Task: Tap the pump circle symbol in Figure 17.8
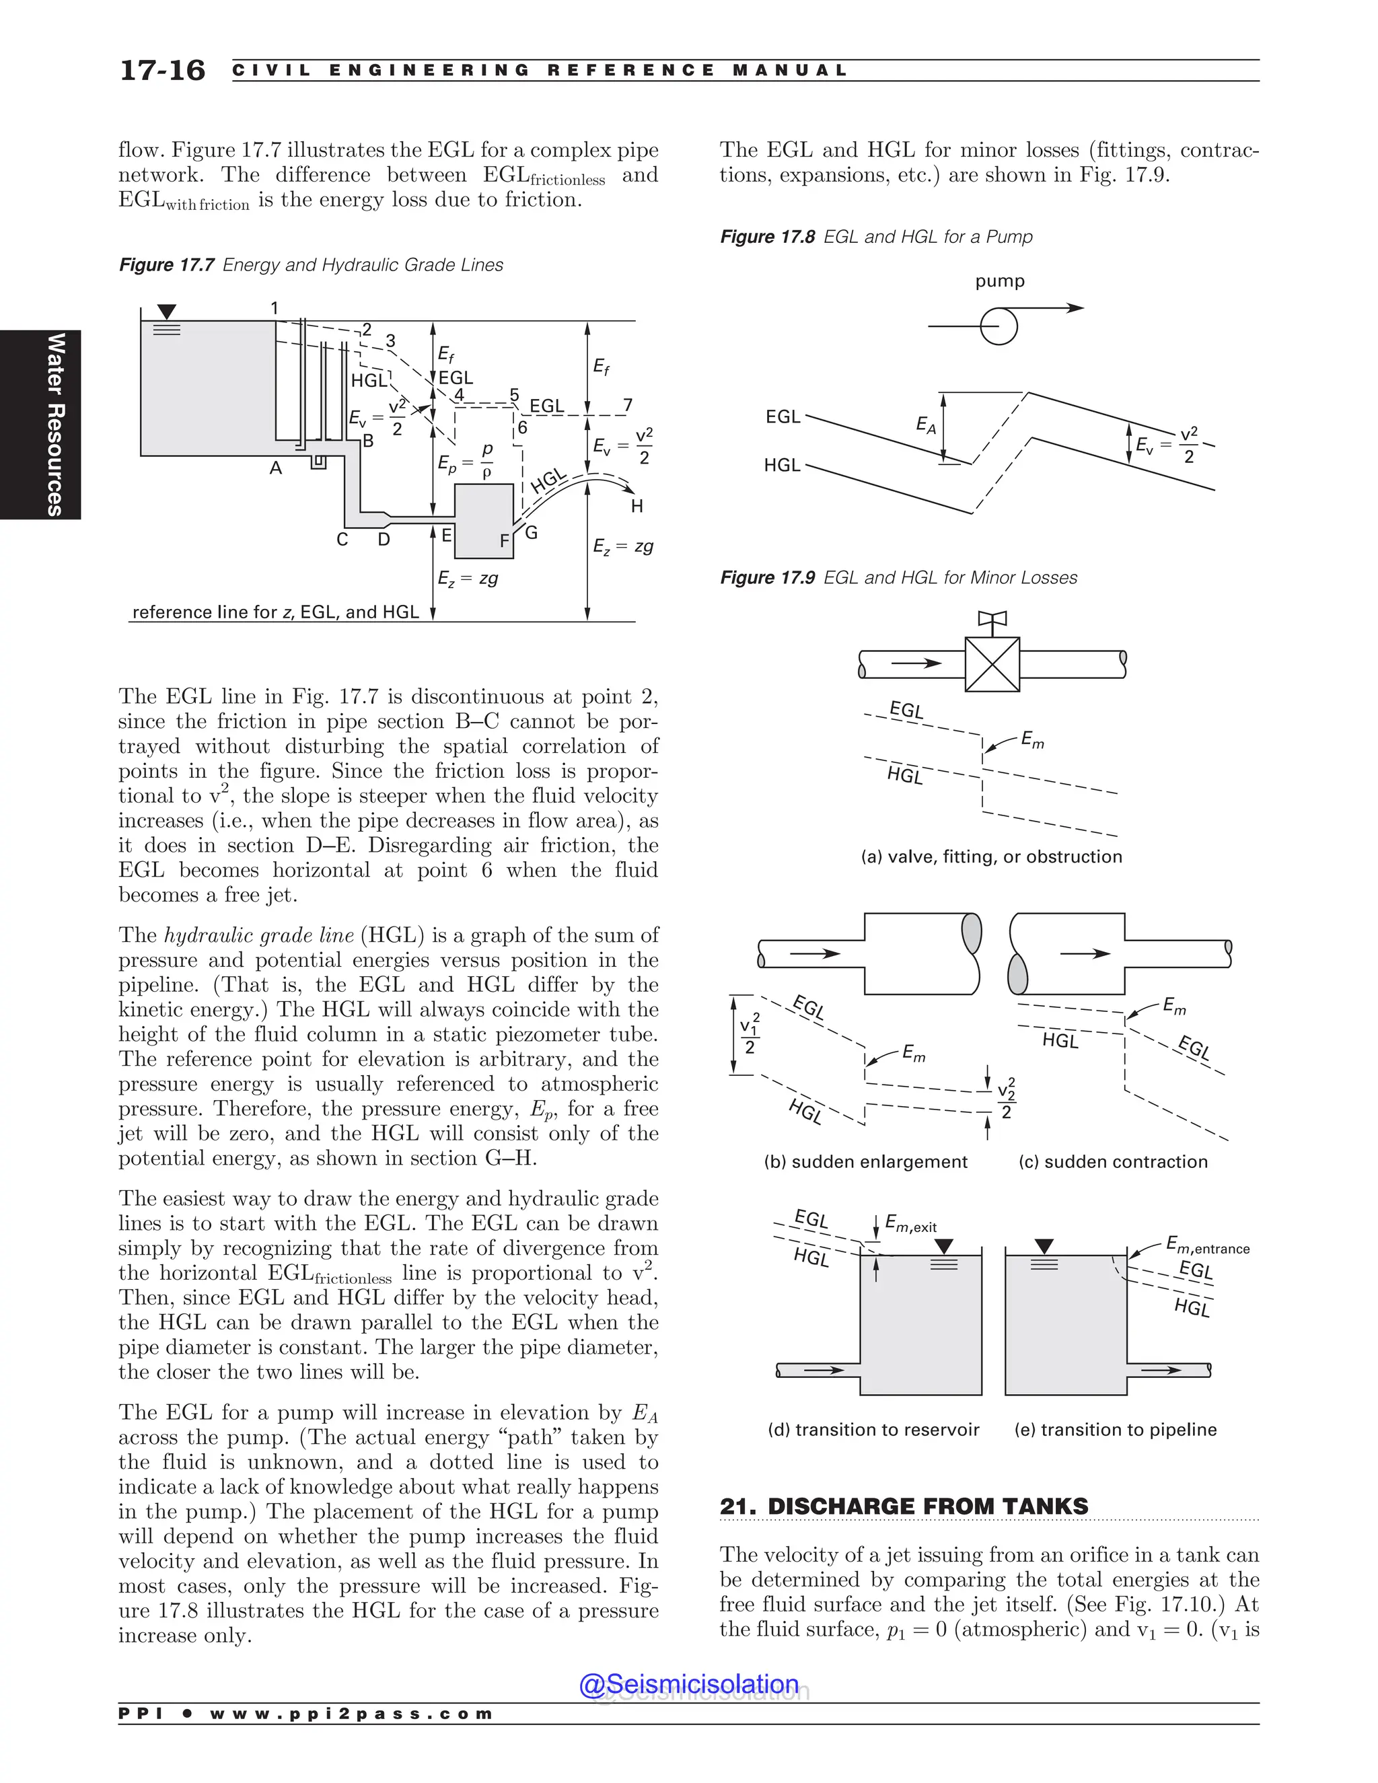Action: click(999, 326)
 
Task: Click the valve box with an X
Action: click(992, 663)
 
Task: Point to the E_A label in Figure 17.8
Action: click(926, 425)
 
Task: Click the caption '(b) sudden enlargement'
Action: click(865, 1162)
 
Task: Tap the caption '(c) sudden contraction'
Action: click(1113, 1162)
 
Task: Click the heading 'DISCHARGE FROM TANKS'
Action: click(927, 1506)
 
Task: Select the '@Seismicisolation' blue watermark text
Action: click(689, 1684)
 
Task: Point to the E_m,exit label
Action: click(911, 1225)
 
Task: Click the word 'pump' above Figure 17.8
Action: click(999, 281)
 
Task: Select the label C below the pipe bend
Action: click(342, 540)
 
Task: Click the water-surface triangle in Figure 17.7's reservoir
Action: click(167, 312)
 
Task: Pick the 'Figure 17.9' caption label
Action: click(766, 578)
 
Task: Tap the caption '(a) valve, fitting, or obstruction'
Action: click(991, 857)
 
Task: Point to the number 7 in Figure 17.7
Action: click(627, 406)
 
